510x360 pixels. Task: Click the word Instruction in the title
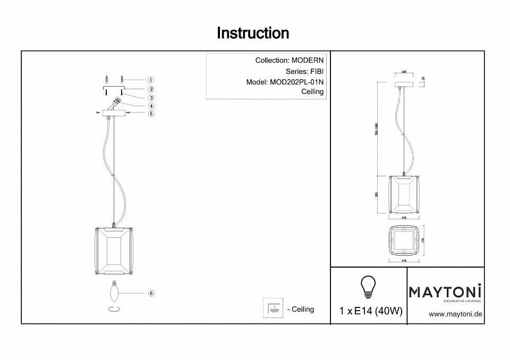coord(253,33)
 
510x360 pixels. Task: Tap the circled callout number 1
coord(151,80)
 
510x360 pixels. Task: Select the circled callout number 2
coord(151,89)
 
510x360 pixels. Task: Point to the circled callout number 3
coord(151,98)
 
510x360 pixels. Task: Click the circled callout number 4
coord(151,106)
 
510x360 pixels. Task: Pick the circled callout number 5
coord(151,113)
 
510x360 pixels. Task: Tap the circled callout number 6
coord(151,293)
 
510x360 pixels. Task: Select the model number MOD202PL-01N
coord(297,82)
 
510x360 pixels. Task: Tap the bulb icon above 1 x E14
coord(368,287)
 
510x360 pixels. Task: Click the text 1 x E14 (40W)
coord(370,312)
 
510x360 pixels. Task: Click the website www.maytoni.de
coord(455,314)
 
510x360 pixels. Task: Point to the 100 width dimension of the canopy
coord(404,71)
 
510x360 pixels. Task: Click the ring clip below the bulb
coord(114,310)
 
